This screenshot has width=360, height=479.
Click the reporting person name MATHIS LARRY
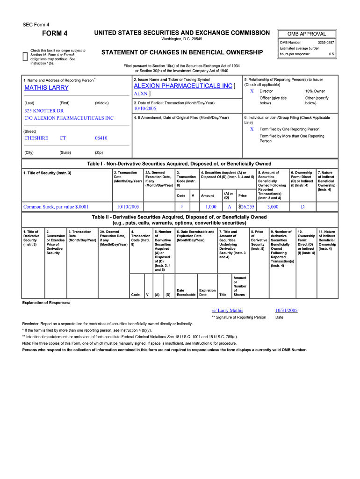46,88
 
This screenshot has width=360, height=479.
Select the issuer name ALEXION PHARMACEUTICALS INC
183,86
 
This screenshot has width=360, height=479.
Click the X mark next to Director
252,91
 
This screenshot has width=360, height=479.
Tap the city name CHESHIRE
36,138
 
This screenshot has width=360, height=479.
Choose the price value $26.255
246,206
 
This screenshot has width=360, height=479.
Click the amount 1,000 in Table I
211,206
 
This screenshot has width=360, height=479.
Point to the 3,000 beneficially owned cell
273,206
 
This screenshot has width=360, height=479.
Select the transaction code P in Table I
182,206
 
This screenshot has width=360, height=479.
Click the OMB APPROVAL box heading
307,34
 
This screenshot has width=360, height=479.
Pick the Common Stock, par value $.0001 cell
56,206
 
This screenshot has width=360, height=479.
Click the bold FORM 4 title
55,33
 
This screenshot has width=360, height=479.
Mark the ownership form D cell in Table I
302,206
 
